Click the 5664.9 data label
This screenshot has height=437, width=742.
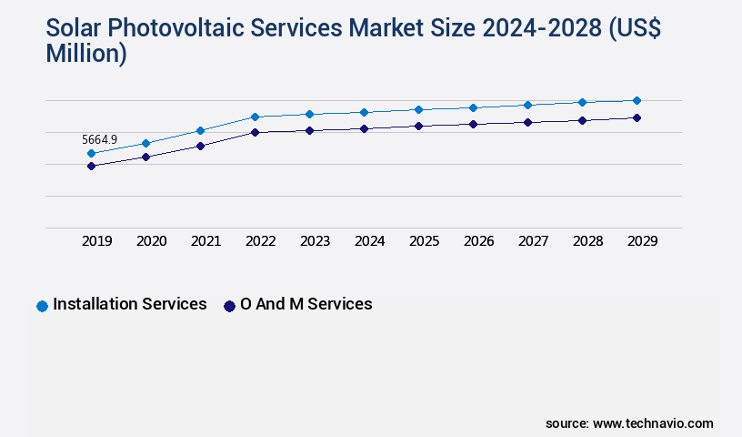tap(99, 139)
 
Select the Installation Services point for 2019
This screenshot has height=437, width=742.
tap(91, 153)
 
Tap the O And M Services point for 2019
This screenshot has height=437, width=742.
tap(91, 166)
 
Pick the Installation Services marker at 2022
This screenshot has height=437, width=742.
tap(256, 117)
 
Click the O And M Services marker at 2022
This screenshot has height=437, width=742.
tap(256, 132)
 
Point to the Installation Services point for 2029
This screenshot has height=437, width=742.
tap(637, 100)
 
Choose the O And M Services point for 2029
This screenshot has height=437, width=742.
tap(637, 117)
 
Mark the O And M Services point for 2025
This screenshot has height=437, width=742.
tap(418, 126)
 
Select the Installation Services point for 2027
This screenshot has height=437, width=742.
tap(527, 105)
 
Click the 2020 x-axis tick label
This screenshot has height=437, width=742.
tap(151, 241)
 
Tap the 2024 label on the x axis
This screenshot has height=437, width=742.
tap(369, 241)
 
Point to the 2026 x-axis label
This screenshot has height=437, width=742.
tap(478, 241)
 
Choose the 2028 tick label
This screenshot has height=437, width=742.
tap(587, 241)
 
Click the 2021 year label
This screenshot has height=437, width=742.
tap(206, 241)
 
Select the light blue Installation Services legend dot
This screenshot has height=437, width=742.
tap(42, 306)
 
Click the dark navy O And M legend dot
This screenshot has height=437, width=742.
tap(229, 306)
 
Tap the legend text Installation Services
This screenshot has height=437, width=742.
tap(130, 304)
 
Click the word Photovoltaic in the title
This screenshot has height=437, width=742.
tap(185, 28)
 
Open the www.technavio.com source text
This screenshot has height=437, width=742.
tap(653, 423)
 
